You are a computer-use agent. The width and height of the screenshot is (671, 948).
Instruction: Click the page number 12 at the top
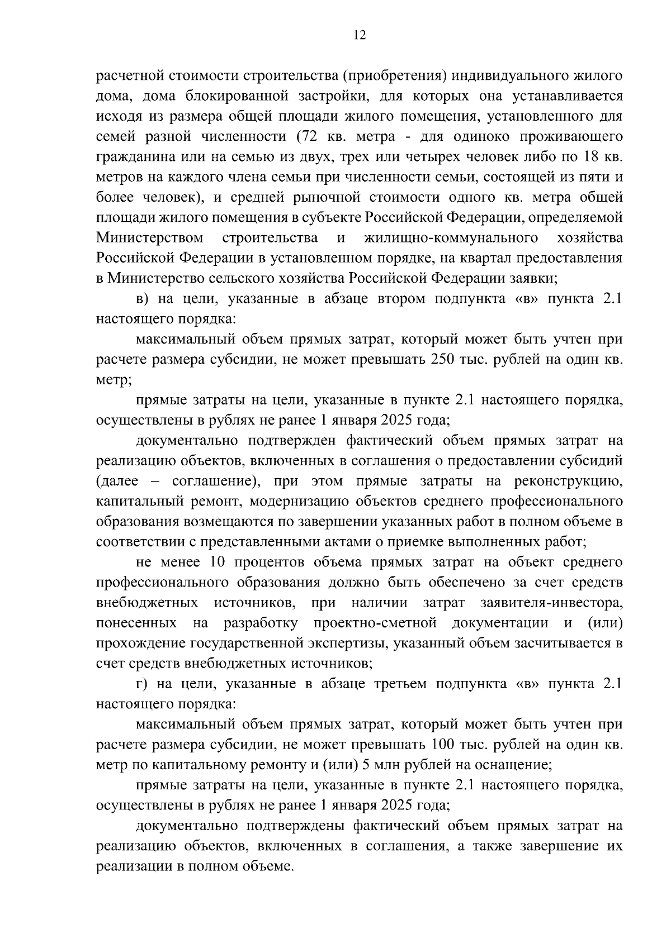[359, 35]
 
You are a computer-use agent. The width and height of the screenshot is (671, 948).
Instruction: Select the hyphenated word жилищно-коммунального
[451, 238]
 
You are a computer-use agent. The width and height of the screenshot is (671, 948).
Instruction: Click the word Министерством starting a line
[150, 238]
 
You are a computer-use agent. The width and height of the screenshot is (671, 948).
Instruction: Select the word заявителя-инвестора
[551, 603]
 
